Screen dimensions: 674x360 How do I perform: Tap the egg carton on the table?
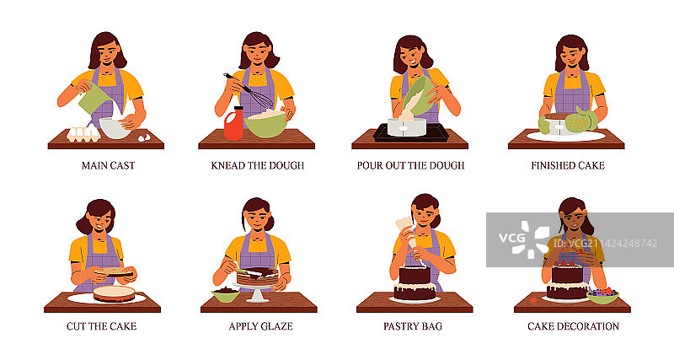83,134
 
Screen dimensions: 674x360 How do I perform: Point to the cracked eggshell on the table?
144,137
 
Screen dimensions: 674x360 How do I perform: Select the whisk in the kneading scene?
249,91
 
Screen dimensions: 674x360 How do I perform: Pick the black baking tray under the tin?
410,132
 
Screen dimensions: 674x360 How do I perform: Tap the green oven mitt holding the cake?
580,120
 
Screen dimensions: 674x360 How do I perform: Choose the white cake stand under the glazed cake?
257,292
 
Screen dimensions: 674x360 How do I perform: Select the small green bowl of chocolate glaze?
225,294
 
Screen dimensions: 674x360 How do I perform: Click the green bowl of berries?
602,296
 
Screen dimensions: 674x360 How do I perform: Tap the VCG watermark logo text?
511,238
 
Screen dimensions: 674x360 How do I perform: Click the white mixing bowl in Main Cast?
115,128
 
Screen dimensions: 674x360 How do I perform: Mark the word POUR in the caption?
369,165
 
